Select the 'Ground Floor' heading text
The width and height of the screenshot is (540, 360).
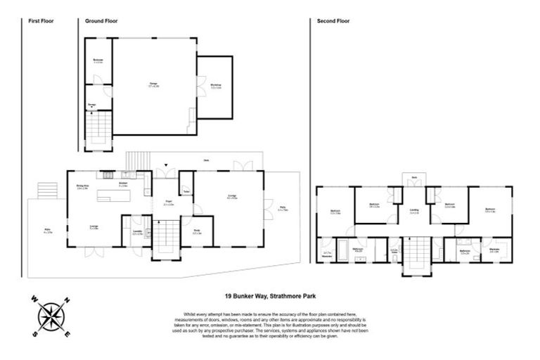pyautogui.click(x=101, y=22)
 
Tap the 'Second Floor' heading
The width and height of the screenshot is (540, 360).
pyautogui.click(x=333, y=22)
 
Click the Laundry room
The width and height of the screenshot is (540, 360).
pyautogui.click(x=137, y=232)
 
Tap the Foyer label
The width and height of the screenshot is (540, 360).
pyautogui.click(x=168, y=203)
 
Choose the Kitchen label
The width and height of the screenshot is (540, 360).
pyautogui.click(x=122, y=185)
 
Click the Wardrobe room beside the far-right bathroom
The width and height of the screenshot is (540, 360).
pyautogui.click(x=495, y=251)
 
